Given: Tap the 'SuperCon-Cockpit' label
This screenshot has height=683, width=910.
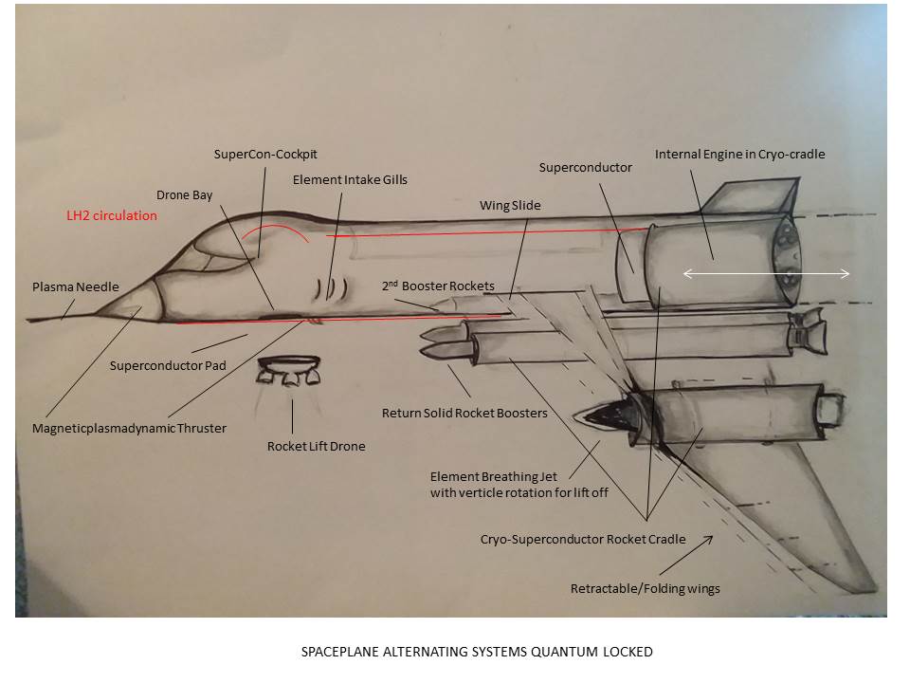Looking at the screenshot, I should [x=264, y=154].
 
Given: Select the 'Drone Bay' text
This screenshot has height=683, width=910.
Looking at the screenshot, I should [x=185, y=195].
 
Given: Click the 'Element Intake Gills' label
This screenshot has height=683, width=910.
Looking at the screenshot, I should [x=350, y=178].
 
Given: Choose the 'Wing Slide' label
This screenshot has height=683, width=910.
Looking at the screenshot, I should [x=511, y=204].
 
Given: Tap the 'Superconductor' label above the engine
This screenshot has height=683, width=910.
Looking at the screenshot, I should [x=585, y=167].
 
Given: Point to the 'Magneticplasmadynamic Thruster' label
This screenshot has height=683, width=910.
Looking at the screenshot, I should [x=130, y=428].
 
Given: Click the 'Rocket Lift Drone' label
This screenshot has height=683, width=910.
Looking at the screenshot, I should [x=316, y=446].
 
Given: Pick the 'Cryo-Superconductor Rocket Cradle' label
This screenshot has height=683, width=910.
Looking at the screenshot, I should [x=582, y=539].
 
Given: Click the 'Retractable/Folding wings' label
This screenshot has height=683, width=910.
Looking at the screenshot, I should [x=645, y=588].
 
